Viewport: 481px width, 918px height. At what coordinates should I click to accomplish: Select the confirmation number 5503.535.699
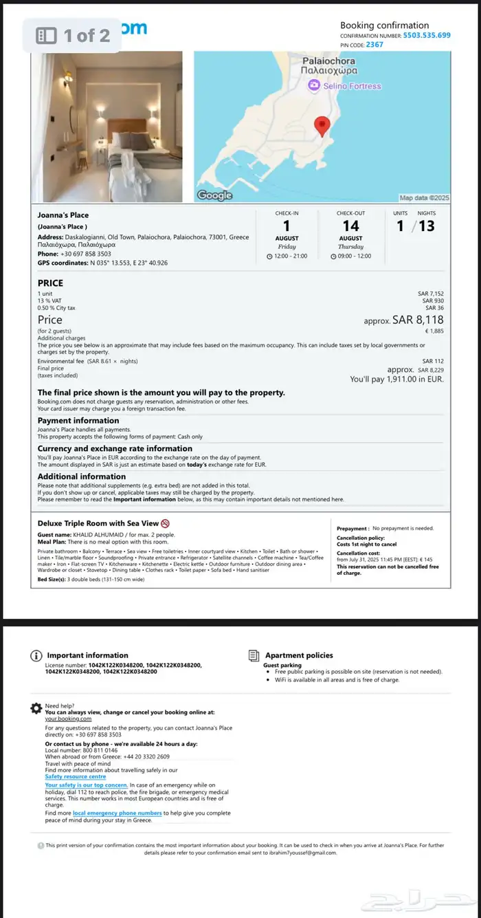[x=427, y=35]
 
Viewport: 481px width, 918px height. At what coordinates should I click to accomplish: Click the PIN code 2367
[x=374, y=45]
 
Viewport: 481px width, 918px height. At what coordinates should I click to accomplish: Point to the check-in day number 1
[x=287, y=226]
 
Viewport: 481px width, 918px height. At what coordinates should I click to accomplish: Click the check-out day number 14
[x=350, y=226]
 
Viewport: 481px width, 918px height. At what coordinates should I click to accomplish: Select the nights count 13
[x=426, y=226]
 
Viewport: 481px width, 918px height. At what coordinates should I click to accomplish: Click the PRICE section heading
[x=50, y=283]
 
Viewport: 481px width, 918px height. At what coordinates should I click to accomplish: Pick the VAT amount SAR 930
[x=433, y=300]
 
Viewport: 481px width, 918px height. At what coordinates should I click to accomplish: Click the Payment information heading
[x=78, y=420]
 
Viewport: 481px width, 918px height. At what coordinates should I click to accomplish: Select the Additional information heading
[x=82, y=476]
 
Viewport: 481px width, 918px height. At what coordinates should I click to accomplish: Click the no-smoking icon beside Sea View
[x=165, y=523]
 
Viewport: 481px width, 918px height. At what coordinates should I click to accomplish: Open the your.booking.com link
[x=68, y=719]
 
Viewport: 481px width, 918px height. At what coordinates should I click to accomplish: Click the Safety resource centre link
[x=76, y=776]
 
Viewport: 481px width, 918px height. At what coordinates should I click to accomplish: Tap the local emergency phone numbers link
[x=118, y=813]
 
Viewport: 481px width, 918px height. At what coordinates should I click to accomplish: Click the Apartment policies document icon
[x=254, y=655]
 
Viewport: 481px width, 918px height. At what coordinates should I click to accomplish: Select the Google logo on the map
[x=214, y=195]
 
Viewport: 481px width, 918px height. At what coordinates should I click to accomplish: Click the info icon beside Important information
[x=36, y=655]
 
